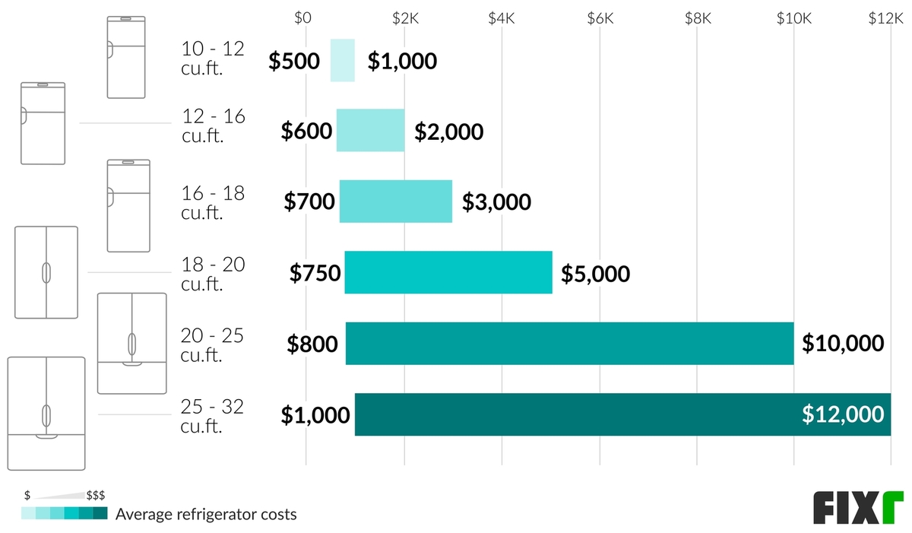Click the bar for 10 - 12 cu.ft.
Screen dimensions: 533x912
pos(342,60)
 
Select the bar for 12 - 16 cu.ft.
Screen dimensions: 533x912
pos(370,131)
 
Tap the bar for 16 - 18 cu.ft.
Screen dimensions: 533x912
pos(395,201)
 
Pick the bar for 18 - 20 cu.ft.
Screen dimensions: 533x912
pos(448,272)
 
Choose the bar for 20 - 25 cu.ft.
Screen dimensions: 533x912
pos(569,343)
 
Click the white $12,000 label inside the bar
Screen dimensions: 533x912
pos(843,414)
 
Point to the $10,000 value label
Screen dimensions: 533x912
pos(843,344)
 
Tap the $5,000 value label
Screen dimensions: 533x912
pos(595,273)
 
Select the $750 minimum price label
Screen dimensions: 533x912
pos(315,273)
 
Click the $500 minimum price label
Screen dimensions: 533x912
pos(294,61)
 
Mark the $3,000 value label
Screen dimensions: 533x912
pos(496,202)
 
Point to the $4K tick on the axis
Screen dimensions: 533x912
pos(502,18)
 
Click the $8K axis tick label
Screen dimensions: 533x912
pos(697,18)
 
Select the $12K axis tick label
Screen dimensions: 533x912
pos(885,18)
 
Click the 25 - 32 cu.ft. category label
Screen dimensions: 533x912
pos(212,416)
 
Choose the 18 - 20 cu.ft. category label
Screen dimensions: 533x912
pos(212,274)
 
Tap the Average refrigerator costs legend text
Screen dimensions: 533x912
pos(206,515)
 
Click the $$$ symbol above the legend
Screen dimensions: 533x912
pos(96,495)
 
